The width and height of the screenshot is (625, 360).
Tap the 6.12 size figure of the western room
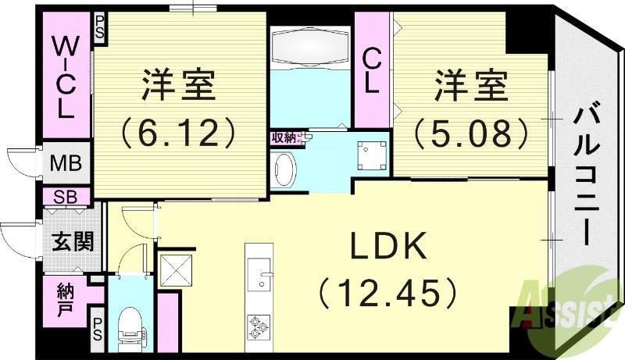tap(178, 133)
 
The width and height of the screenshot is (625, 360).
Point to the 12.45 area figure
tap(387, 293)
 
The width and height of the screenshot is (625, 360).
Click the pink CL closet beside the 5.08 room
tap(373, 70)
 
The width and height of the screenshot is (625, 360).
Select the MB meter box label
tap(64, 165)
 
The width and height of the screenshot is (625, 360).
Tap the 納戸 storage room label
tap(66, 298)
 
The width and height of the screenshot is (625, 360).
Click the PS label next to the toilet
tap(98, 327)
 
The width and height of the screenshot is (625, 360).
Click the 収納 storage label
tap(283, 137)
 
